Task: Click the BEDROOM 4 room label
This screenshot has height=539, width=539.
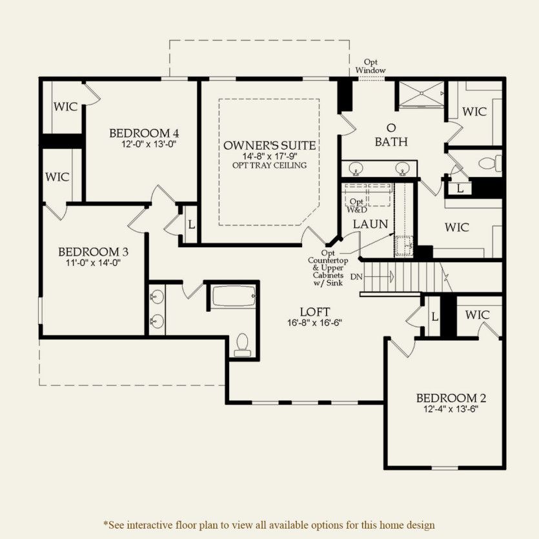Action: coord(144,133)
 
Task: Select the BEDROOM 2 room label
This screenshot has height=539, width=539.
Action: coord(451,398)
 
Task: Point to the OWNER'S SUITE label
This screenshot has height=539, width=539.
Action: coord(270,145)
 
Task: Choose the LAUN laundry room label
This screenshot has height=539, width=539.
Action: coord(371,224)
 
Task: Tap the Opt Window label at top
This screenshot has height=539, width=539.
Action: coord(371,66)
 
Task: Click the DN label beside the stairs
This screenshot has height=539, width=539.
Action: coord(356,277)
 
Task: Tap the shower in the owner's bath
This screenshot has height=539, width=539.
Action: coord(420,94)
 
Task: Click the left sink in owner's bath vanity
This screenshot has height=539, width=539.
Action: coord(356,169)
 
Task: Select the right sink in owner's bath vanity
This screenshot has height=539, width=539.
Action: coord(403,169)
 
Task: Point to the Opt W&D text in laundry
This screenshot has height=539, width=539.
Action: coord(357,205)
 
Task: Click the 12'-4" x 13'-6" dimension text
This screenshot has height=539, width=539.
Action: coord(451,409)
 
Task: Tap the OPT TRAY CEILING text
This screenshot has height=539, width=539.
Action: coord(270,165)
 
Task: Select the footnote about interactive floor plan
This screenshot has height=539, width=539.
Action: coord(269,525)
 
